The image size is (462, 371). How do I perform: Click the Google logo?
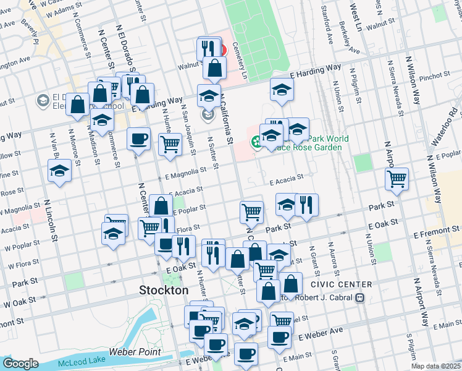click(x=20, y=364)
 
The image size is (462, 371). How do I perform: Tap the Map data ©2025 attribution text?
click(x=436, y=366)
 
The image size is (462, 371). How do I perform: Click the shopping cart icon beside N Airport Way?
click(x=397, y=179)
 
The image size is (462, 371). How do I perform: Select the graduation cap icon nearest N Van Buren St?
click(x=60, y=171)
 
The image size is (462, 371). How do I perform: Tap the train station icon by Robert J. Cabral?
click(x=359, y=297)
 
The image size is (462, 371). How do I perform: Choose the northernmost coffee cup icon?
click(x=139, y=139)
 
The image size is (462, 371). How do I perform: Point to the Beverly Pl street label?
click(x=30, y=28)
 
